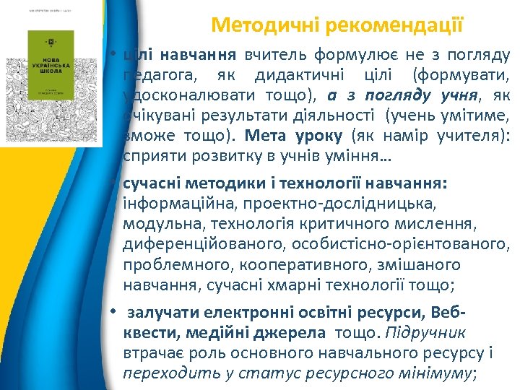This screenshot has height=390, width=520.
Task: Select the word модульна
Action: [154, 224]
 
